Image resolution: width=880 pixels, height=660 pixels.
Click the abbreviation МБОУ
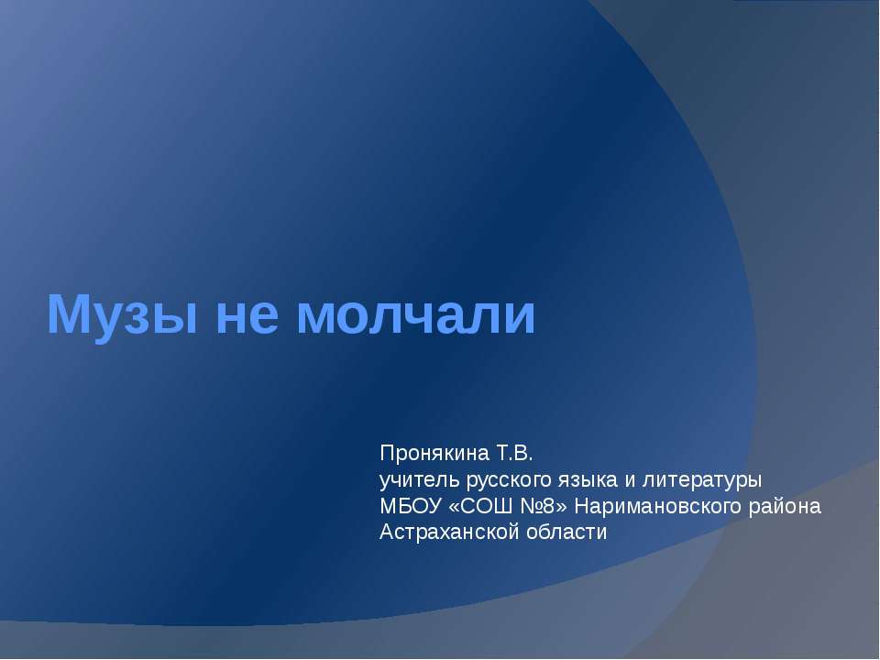click(406, 506)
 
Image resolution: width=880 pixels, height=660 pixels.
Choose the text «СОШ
click(471, 506)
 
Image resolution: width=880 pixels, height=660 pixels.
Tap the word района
click(789, 506)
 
